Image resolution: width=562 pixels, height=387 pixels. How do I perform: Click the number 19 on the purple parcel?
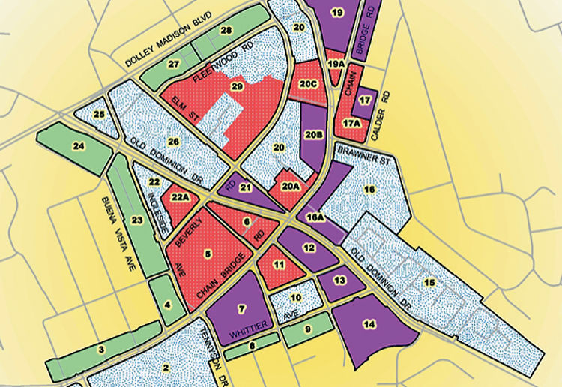point(337,13)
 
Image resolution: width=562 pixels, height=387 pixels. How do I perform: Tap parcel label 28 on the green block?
point(226,30)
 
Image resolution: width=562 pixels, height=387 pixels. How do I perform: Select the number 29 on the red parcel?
point(238,88)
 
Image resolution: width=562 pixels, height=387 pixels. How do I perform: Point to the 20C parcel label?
point(309,84)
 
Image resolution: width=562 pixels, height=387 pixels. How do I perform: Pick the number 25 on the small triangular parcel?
point(100,114)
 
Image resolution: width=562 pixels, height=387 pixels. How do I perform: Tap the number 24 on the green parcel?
point(78,147)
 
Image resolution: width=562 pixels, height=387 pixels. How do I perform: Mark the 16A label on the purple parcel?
point(315,217)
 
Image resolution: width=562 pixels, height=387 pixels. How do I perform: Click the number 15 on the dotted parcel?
point(429,282)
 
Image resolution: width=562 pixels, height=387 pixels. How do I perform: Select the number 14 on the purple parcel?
point(368,324)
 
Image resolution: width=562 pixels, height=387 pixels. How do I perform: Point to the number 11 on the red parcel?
point(279,264)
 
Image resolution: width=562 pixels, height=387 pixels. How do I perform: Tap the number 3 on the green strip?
point(100,349)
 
